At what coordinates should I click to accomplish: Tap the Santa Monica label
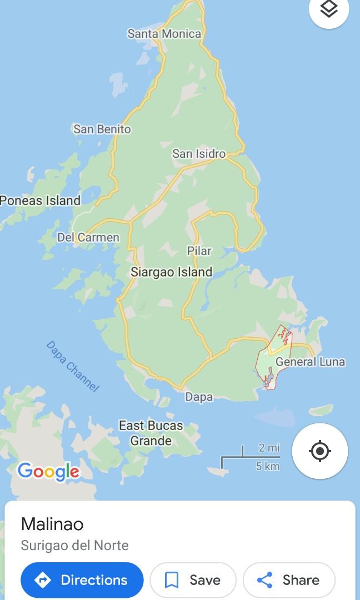(x=164, y=34)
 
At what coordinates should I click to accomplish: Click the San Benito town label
(x=102, y=129)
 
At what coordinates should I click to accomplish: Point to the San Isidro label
(x=199, y=154)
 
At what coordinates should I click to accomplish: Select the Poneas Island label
(x=40, y=201)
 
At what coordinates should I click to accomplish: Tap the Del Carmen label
(x=88, y=238)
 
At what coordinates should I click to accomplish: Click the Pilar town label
(x=199, y=251)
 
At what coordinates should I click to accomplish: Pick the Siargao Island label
(x=171, y=272)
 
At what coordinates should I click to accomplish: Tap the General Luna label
(x=310, y=362)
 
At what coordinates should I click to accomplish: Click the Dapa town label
(x=199, y=397)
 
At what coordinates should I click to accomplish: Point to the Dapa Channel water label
(x=72, y=366)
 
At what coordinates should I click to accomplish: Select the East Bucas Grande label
(x=151, y=433)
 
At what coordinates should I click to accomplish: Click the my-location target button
(x=320, y=451)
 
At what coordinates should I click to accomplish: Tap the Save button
(x=193, y=580)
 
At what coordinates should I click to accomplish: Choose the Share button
(x=289, y=580)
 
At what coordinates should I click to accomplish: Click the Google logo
(x=49, y=472)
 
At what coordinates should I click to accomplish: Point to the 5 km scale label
(x=267, y=467)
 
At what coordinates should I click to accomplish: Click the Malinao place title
(x=52, y=524)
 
